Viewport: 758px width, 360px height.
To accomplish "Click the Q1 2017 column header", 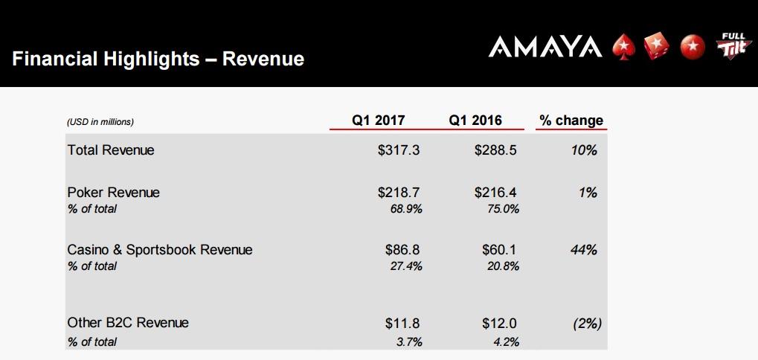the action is click(378, 120).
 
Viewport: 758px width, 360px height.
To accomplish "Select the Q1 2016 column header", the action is click(475, 120).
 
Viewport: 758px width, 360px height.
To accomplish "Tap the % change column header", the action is click(571, 120).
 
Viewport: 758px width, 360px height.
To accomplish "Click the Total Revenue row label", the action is click(111, 150).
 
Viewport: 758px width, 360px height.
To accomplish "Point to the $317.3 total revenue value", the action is click(399, 150).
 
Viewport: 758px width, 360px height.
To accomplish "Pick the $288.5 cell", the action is click(495, 150).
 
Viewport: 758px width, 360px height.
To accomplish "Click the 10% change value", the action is click(583, 150).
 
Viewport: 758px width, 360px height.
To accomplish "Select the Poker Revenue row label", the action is click(114, 193).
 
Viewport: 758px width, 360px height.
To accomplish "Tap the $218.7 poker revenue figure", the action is click(399, 193).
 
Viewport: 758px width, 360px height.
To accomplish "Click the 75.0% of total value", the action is click(503, 209).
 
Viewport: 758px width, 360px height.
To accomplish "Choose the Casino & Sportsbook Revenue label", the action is click(160, 250).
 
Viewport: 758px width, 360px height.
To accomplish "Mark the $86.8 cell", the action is click(402, 250).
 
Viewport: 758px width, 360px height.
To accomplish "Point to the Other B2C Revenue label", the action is click(128, 322).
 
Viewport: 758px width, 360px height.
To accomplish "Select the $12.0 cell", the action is click(499, 323).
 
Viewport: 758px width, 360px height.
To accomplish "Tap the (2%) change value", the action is click(588, 324).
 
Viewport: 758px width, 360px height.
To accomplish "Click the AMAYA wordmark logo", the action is click(545, 47).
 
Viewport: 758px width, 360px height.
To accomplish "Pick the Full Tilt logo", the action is click(734, 45).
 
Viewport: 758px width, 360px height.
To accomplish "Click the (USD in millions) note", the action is click(100, 122).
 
